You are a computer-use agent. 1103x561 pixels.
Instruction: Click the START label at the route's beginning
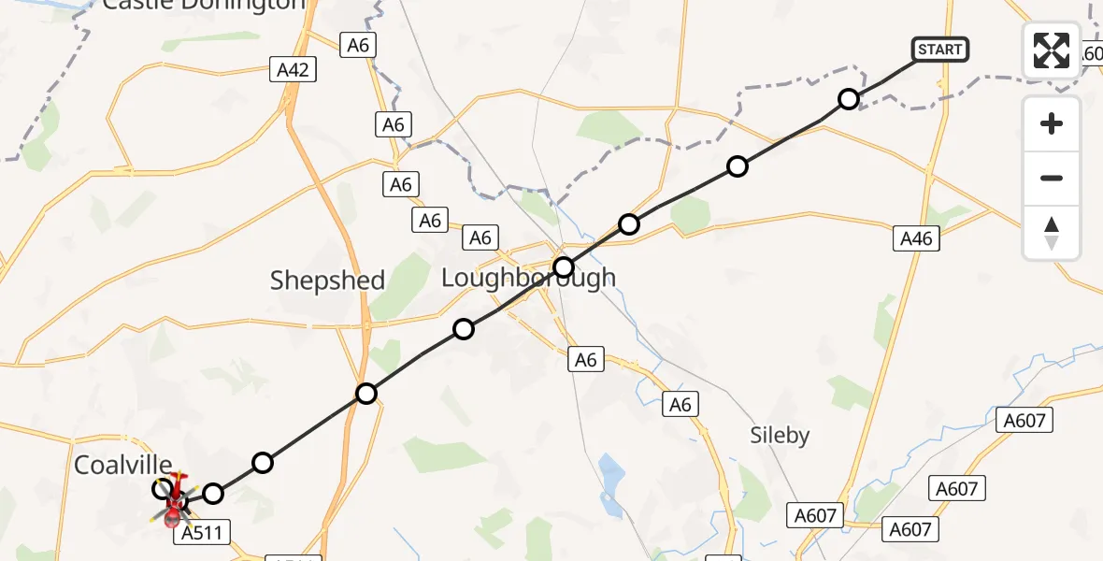[x=939, y=50]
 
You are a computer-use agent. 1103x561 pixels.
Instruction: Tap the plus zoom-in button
[x=1052, y=124]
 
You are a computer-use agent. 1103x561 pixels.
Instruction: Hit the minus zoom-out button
[x=1052, y=179]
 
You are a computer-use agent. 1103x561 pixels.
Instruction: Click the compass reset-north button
[x=1052, y=233]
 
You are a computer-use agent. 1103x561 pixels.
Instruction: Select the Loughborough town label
[x=528, y=278]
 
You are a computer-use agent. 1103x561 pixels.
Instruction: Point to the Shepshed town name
[x=327, y=280]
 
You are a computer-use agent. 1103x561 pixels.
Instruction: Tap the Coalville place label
[x=123, y=465]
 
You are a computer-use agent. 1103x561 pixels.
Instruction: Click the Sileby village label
[x=781, y=435]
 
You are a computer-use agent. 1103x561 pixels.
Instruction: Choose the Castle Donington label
[x=204, y=5]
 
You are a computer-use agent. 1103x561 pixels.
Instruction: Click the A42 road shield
[x=292, y=68]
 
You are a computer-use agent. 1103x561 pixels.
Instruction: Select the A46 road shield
[x=915, y=238]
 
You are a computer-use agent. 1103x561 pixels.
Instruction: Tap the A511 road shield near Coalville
[x=202, y=533]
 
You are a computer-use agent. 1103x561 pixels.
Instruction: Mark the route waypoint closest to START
[x=848, y=99]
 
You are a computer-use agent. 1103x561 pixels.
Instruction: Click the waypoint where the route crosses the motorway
[x=366, y=394]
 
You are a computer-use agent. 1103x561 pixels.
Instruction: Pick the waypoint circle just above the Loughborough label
[x=563, y=267]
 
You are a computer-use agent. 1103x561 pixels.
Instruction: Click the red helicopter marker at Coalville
[x=174, y=502]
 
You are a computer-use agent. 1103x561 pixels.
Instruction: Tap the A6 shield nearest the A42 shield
[x=357, y=44]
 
